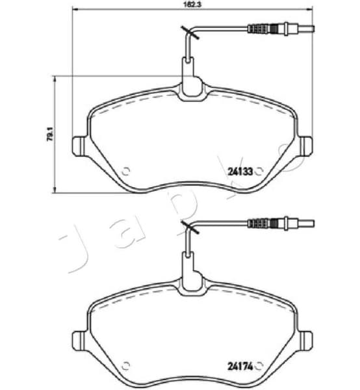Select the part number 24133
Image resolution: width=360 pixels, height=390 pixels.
[240, 172]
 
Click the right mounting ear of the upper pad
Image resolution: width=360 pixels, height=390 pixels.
[304, 145]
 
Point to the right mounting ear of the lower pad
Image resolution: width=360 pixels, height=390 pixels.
[304, 339]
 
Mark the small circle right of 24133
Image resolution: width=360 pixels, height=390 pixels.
[259, 172]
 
